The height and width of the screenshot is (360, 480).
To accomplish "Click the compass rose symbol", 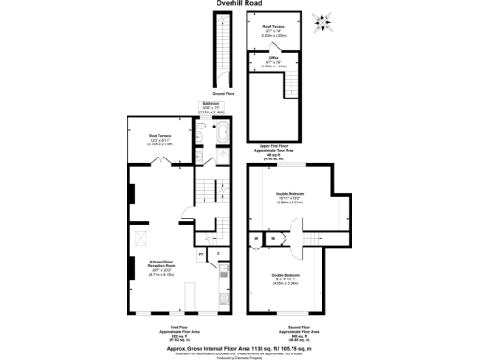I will tap(324, 20).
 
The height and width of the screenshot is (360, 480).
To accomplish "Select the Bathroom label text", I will tap(211, 106).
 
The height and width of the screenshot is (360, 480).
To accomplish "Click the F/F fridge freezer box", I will tap(201, 253).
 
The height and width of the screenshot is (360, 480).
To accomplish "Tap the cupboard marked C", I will tap(219, 253).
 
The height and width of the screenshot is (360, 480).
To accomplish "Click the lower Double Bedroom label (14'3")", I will tap(289, 277).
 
